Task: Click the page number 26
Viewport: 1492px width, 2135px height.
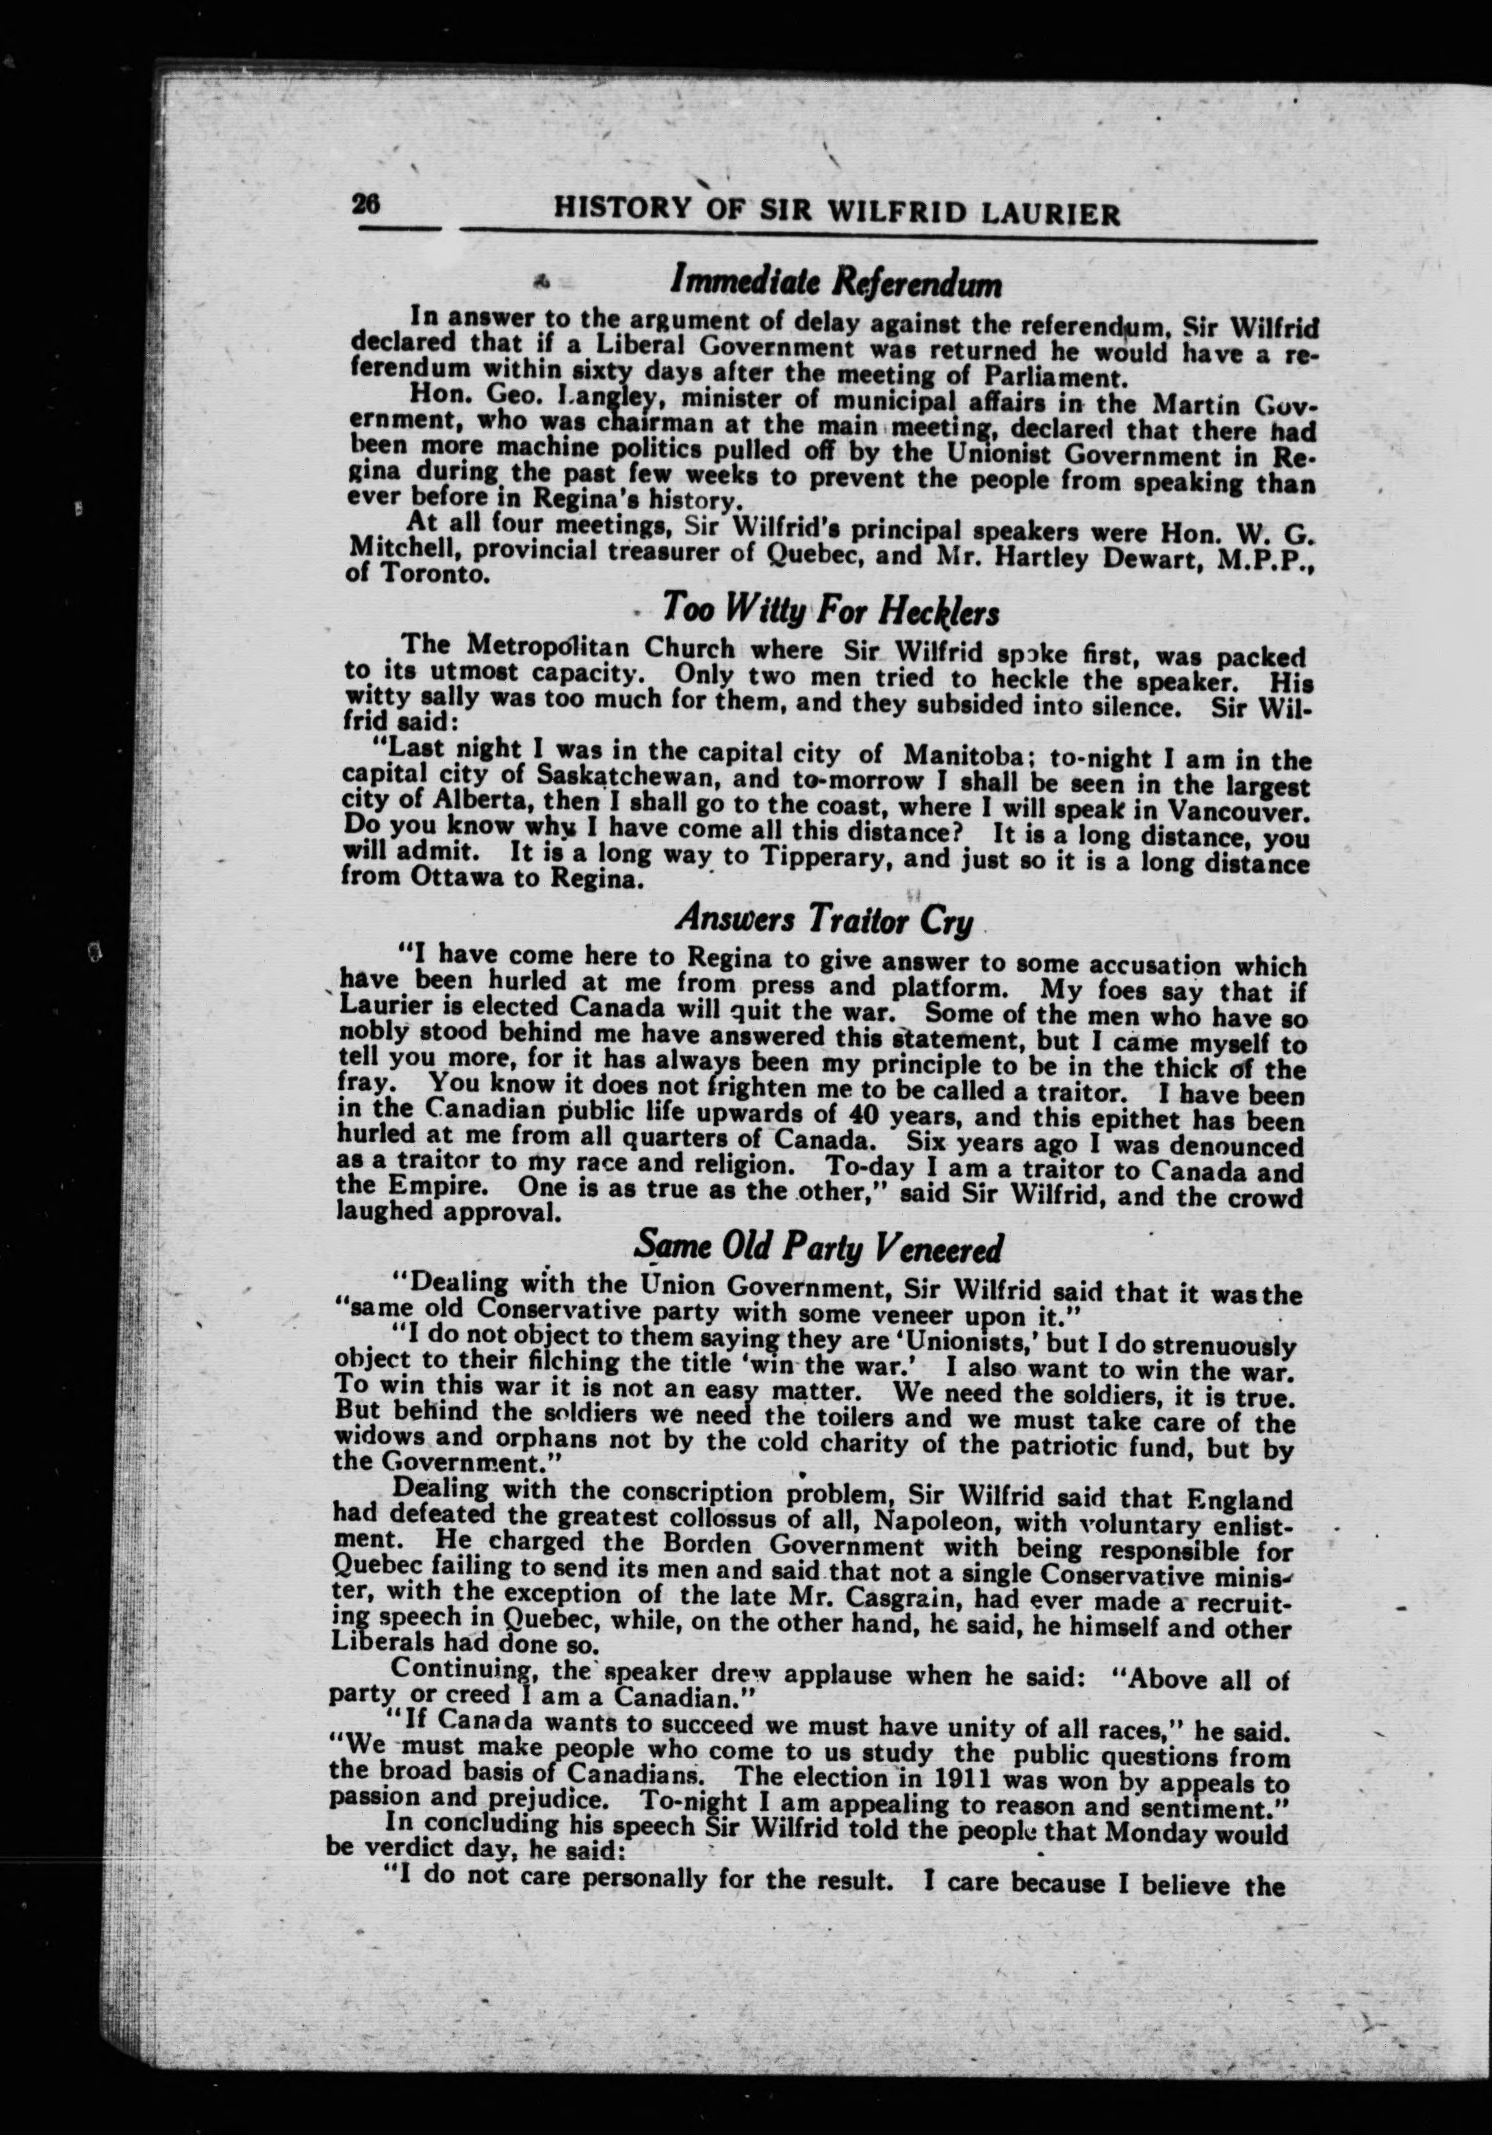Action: [x=365, y=205]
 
